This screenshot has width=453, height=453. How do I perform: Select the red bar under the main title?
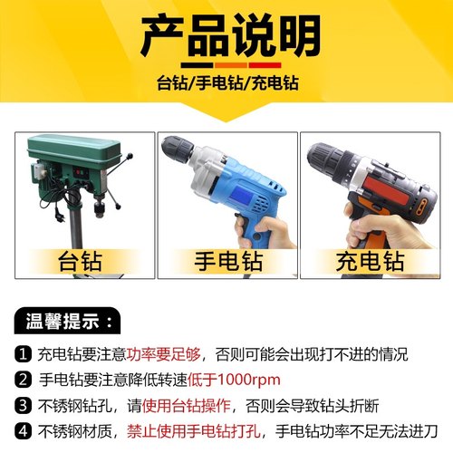coord(262,65)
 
